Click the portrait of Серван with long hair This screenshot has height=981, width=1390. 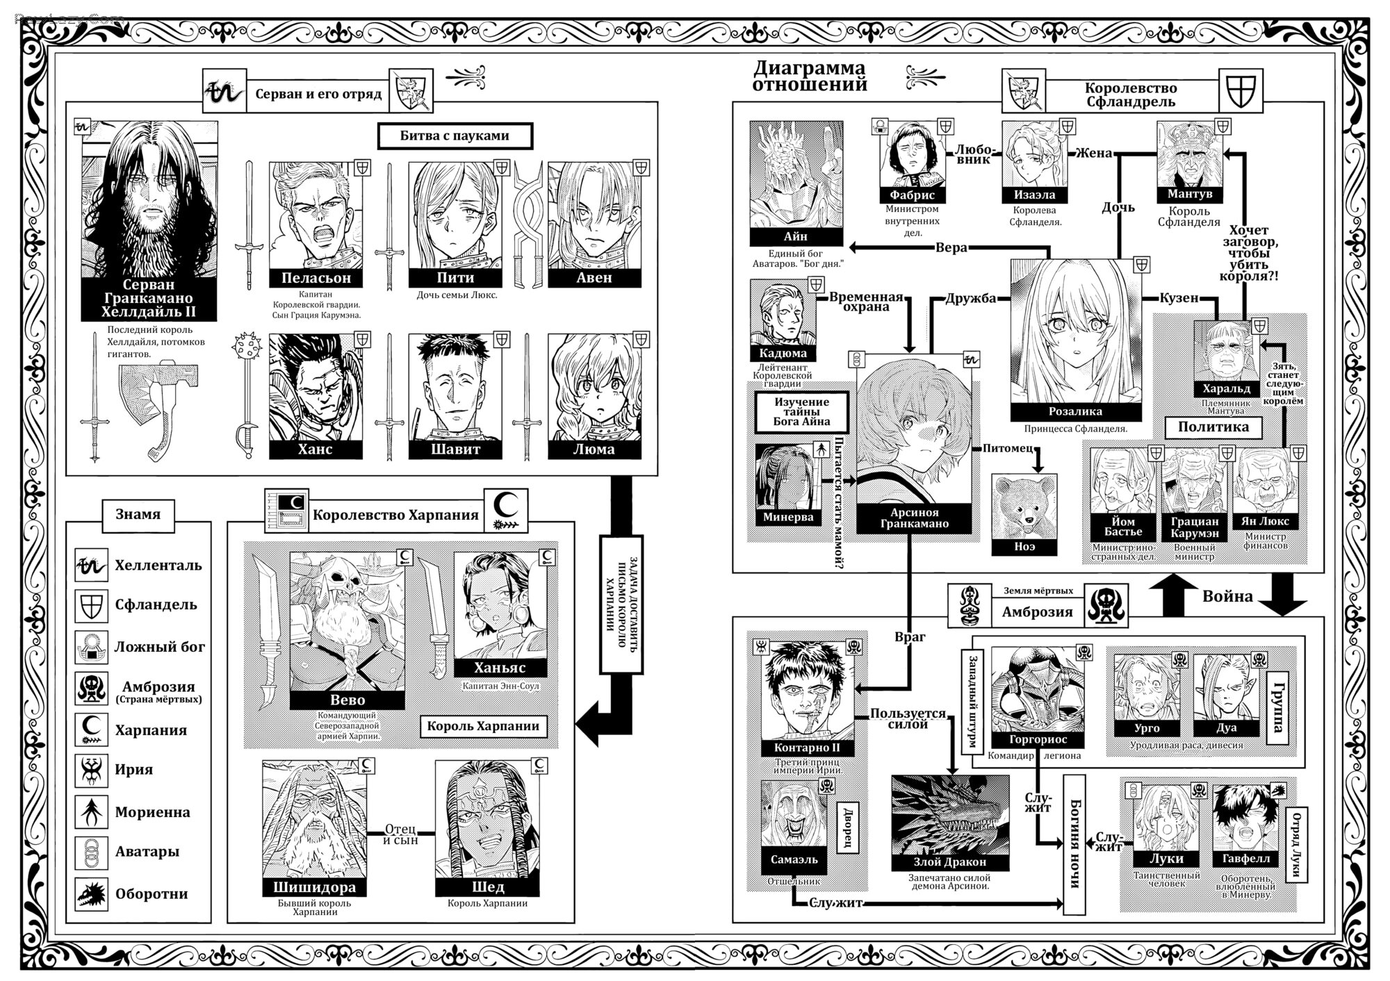coord(149,199)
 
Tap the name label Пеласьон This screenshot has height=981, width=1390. coord(316,278)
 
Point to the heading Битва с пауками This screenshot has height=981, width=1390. coord(455,136)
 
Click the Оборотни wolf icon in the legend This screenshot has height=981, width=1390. coord(92,893)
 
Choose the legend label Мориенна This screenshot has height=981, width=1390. coord(152,812)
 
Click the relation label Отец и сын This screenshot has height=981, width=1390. coord(400,834)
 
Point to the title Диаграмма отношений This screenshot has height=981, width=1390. coord(810,76)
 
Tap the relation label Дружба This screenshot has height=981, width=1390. coord(970,298)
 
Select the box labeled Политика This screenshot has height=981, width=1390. coord(1213,427)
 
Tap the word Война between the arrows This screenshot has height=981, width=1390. coord(1227,596)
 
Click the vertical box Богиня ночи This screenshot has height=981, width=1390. coord(1074,844)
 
